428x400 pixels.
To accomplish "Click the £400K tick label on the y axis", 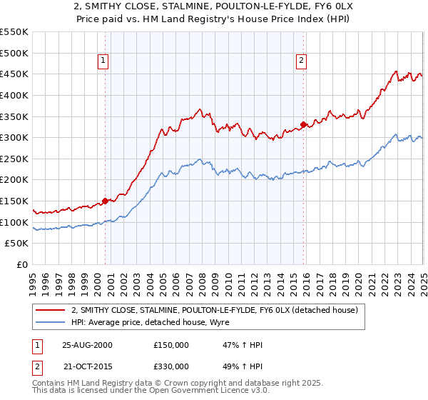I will pyautogui.click(x=14, y=95).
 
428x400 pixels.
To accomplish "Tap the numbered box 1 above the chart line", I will pyautogui.click(x=104, y=61).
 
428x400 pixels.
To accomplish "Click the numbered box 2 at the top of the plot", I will pyautogui.click(x=302, y=61).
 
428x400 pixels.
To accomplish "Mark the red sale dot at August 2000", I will pyautogui.click(x=106, y=201).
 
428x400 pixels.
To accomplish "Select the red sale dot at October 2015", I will pyautogui.click(x=303, y=124).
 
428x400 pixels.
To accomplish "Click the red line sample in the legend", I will pyautogui.click(x=51, y=309).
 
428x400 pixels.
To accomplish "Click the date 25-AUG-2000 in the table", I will pyautogui.click(x=87, y=345).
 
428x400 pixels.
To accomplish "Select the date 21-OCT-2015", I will pyautogui.click(x=87, y=368).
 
